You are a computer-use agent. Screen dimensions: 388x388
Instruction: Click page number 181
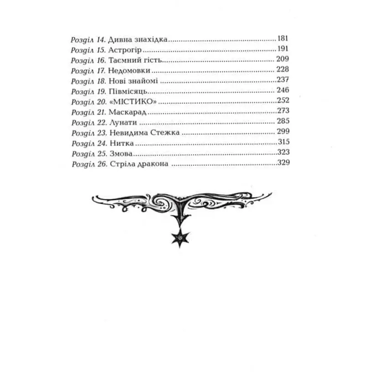(x=283, y=38)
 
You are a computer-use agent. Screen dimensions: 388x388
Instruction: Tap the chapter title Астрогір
(x=125, y=50)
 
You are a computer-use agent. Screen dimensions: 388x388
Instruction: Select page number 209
(x=283, y=59)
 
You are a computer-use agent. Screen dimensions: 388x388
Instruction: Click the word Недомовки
(x=129, y=70)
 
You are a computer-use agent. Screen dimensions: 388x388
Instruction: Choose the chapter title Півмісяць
(x=128, y=91)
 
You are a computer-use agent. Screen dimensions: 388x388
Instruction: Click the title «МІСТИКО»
(x=133, y=102)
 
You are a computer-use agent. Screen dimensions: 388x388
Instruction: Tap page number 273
(x=283, y=110)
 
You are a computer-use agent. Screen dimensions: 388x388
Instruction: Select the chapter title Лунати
(x=123, y=123)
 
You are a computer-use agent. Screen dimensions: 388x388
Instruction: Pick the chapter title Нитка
(x=122, y=143)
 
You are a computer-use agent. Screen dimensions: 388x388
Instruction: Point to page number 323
(x=283, y=152)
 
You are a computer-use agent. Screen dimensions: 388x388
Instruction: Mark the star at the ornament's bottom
(x=180, y=238)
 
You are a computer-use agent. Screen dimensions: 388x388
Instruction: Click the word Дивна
(x=120, y=40)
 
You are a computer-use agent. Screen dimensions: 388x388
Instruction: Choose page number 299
(x=283, y=131)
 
